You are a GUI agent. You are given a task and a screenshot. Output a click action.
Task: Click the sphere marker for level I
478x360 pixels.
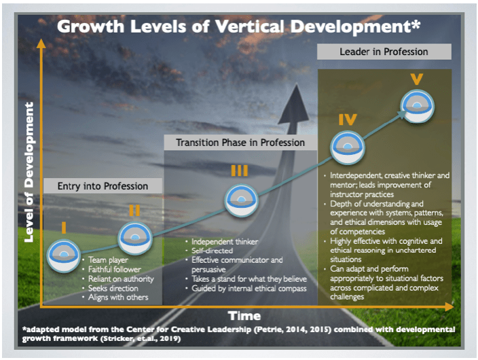coord(63,255)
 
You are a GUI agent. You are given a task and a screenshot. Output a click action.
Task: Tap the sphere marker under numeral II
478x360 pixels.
coord(135,238)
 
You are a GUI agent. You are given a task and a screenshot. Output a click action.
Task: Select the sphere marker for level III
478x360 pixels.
coord(242,200)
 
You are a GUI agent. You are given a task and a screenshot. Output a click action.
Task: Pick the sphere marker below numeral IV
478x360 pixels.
coord(348,147)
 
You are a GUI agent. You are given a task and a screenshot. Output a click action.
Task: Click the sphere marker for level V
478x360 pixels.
coord(418,106)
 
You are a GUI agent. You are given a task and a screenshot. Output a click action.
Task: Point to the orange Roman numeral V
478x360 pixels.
coord(416,79)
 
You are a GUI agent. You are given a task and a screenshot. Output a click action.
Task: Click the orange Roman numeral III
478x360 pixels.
coord(239,170)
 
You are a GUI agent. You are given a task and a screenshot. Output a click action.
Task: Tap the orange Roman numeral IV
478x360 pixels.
coord(348,120)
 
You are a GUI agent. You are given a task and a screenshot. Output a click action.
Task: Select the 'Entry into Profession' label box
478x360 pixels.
coord(103,186)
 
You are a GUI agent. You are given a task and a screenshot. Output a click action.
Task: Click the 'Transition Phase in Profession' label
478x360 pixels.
coord(240,143)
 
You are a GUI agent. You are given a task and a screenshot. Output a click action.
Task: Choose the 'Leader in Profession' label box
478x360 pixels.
coord(384,52)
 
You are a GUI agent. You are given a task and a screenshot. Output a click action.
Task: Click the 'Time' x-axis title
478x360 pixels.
coord(244,316)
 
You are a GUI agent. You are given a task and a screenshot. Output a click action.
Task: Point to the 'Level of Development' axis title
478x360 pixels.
coord(29,172)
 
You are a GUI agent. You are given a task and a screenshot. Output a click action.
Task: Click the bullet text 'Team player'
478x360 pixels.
coord(108,260)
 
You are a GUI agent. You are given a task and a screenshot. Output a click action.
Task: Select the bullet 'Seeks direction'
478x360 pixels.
coord(113,288)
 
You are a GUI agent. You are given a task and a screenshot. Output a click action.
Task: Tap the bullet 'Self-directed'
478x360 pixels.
coord(212,251)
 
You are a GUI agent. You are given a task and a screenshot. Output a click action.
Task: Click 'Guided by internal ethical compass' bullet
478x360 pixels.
coord(249,289)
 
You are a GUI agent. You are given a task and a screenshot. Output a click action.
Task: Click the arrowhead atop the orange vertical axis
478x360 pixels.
coord(41,43)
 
